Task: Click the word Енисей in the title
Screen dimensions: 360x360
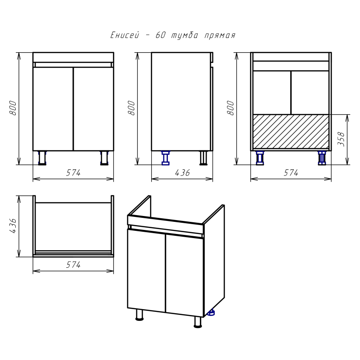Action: [x=125, y=35]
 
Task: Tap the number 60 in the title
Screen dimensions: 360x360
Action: [x=160, y=35]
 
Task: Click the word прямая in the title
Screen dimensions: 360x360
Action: [x=220, y=36]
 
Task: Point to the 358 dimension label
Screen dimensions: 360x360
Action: [x=341, y=139]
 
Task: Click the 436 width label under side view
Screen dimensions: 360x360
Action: [x=182, y=173]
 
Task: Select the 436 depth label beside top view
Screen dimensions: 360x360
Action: [x=13, y=226]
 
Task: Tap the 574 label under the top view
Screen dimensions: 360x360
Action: [x=73, y=265]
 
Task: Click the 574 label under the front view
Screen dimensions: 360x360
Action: [x=73, y=173]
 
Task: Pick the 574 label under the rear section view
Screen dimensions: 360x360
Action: [x=291, y=173]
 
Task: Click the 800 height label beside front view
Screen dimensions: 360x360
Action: [x=13, y=108]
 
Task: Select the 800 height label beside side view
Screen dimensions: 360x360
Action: [x=131, y=108]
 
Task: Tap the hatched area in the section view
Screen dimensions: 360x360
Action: [x=291, y=131]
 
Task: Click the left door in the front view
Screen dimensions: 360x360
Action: [x=53, y=109]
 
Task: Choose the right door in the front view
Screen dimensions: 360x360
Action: [x=94, y=109]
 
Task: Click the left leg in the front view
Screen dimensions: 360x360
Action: [x=42, y=158]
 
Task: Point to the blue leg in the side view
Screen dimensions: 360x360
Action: [x=166, y=158]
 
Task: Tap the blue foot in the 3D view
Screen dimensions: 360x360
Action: [x=211, y=312]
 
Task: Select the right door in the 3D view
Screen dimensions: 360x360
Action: [x=184, y=275]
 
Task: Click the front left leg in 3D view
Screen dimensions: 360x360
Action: [x=139, y=315]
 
